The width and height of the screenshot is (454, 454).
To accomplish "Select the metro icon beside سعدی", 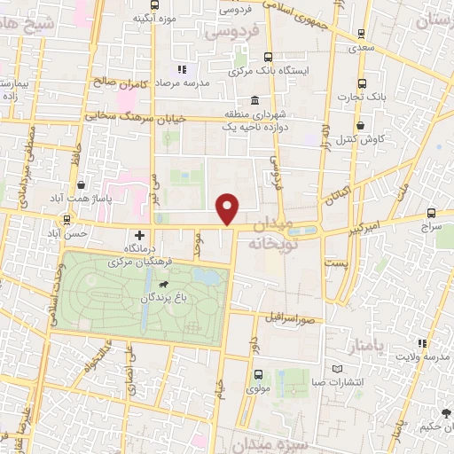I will pyautogui.click(x=360, y=34).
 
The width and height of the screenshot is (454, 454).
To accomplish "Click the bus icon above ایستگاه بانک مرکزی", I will pyautogui.click(x=237, y=51).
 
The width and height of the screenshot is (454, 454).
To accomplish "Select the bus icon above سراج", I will pyautogui.click(x=431, y=213).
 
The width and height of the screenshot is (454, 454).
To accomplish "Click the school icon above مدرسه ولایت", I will pyautogui.click(x=423, y=342).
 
